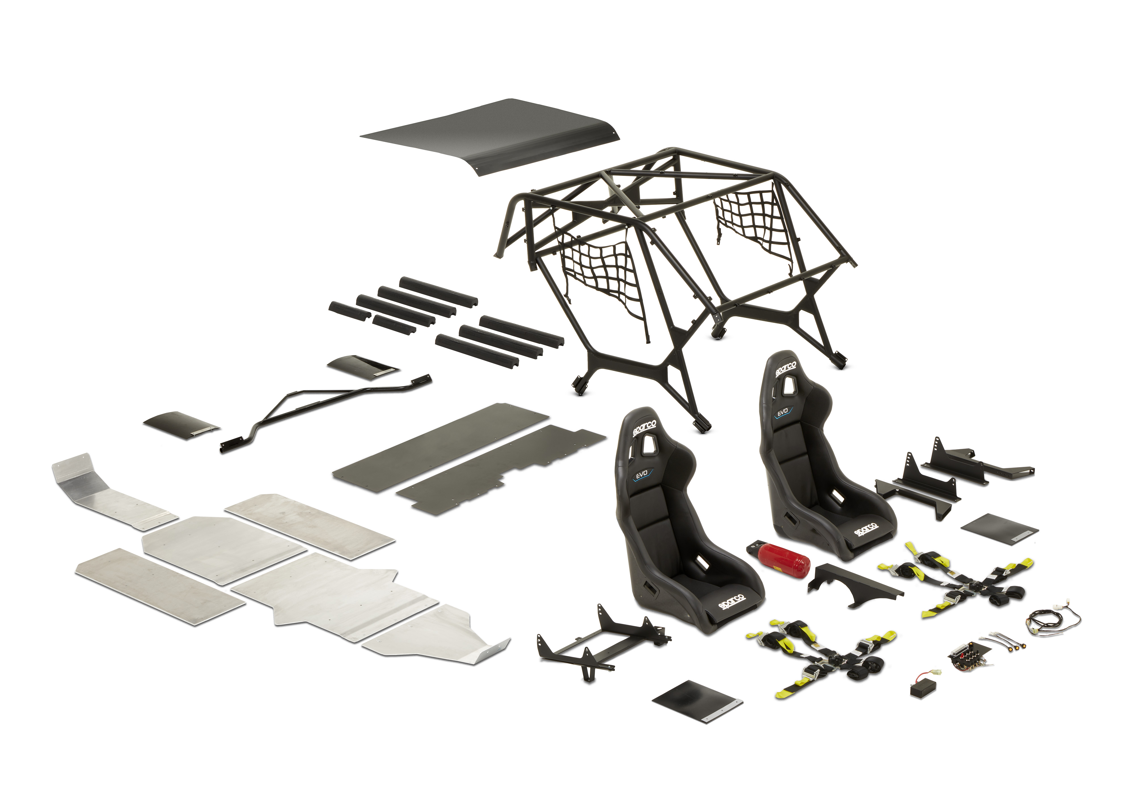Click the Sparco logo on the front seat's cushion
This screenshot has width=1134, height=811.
732,602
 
